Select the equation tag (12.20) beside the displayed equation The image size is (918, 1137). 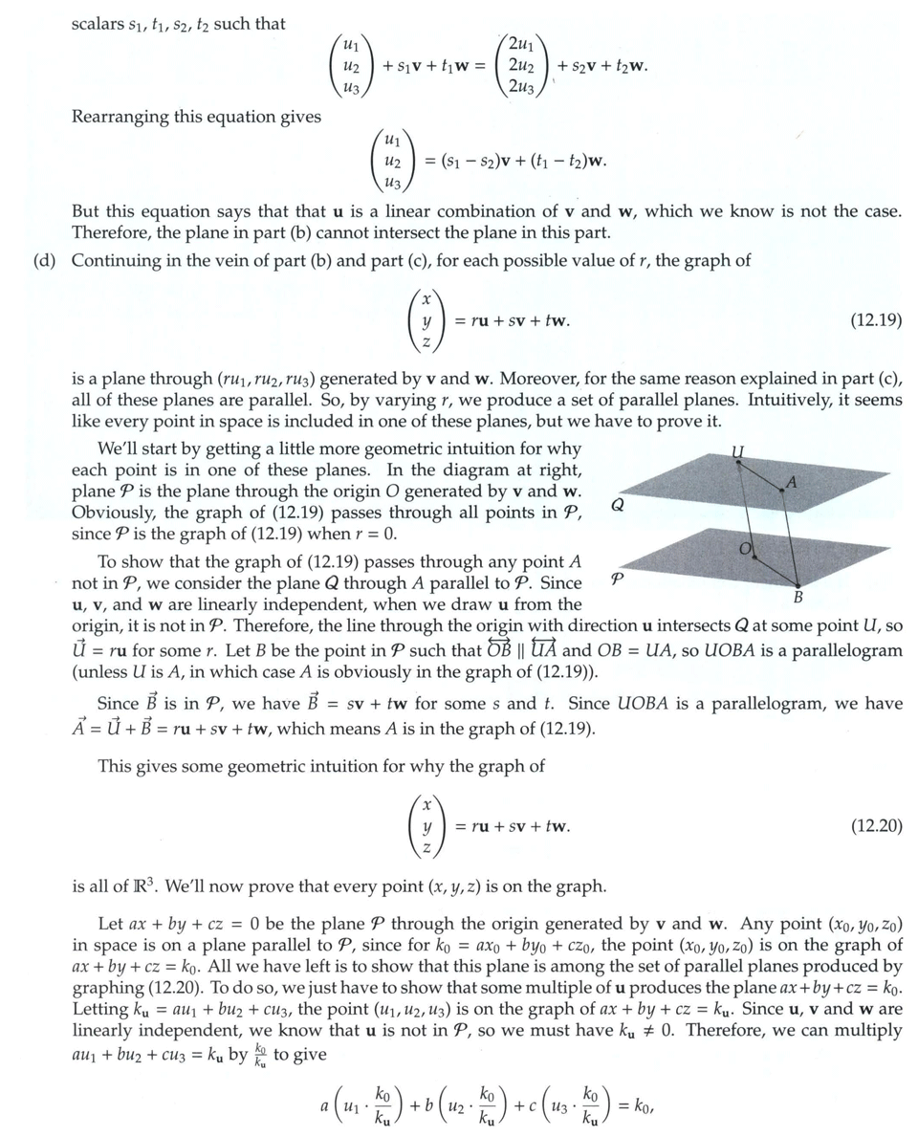tap(875, 826)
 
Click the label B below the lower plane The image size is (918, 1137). tap(798, 599)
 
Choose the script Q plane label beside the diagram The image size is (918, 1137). tap(618, 505)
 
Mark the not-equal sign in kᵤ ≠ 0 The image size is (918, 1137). tap(651, 1031)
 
